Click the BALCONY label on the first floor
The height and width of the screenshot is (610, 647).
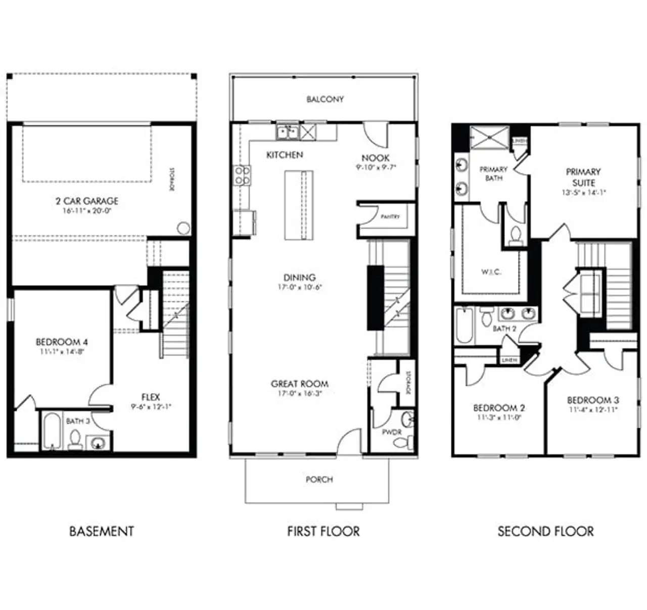click(x=325, y=100)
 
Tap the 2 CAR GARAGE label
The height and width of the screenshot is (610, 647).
click(x=87, y=201)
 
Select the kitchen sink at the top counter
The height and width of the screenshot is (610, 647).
click(x=287, y=132)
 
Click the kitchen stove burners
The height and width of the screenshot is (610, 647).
click(x=242, y=175)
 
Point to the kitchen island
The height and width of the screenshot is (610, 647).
click(x=299, y=205)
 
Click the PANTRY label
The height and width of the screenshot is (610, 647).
click(x=390, y=216)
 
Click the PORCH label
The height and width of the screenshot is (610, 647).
click(x=319, y=479)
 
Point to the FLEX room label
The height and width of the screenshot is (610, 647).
click(x=151, y=397)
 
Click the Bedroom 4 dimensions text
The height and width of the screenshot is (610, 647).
click(x=62, y=352)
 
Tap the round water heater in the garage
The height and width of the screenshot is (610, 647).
click(x=183, y=228)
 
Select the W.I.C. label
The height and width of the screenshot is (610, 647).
click(x=491, y=272)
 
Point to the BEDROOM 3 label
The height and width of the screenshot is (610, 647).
click(x=592, y=400)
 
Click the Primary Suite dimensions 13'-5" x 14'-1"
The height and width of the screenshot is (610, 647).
click(x=583, y=193)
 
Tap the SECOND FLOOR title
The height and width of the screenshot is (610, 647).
click(x=545, y=531)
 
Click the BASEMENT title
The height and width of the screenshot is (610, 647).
click(x=102, y=531)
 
